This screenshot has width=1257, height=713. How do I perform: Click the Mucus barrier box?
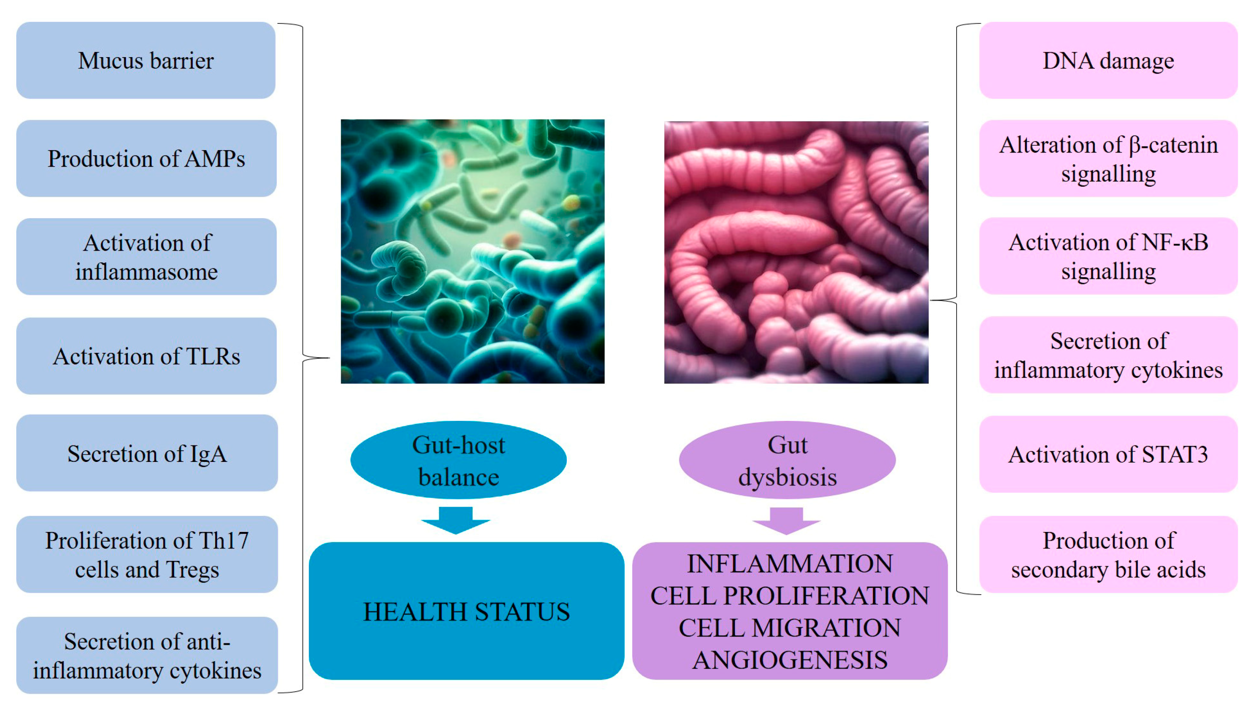click(x=146, y=60)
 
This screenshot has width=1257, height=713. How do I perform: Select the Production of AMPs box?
click(x=146, y=159)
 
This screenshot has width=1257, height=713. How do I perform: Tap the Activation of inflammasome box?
click(x=146, y=257)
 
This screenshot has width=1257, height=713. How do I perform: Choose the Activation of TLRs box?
click(x=146, y=356)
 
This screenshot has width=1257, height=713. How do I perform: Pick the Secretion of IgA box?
click(x=147, y=453)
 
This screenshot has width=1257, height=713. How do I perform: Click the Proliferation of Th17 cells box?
click(x=147, y=554)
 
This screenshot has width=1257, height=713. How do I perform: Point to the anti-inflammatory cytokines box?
click(x=147, y=655)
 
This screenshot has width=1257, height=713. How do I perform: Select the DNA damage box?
click(x=1108, y=60)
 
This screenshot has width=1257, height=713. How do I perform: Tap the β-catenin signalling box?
click(x=1108, y=159)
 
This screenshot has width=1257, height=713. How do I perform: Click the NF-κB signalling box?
click(x=1108, y=256)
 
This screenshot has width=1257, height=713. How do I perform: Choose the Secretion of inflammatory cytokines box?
click(x=1108, y=355)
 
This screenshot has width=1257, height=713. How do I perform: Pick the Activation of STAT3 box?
click(x=1108, y=454)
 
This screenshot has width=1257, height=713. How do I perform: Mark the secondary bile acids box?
click(x=1108, y=554)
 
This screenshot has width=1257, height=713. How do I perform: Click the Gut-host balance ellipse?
click(x=458, y=460)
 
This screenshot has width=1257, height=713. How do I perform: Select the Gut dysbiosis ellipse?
click(x=787, y=460)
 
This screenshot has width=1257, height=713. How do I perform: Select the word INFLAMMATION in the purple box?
click(x=790, y=564)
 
